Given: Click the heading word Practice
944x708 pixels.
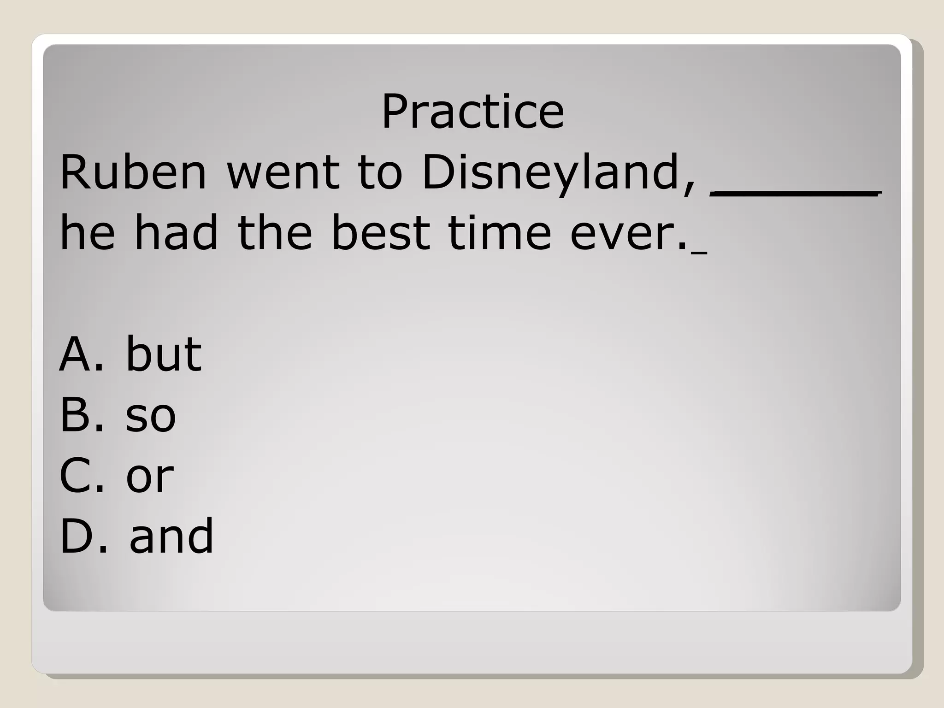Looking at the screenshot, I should pyautogui.click(x=472, y=112).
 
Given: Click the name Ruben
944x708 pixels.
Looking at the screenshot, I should pyautogui.click(x=133, y=172).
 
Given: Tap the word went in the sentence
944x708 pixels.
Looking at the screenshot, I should pyautogui.click(x=283, y=172).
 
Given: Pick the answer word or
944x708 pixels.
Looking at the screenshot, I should pyautogui.click(x=150, y=476).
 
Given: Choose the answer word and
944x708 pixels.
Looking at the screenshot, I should pyautogui.click(x=171, y=536).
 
